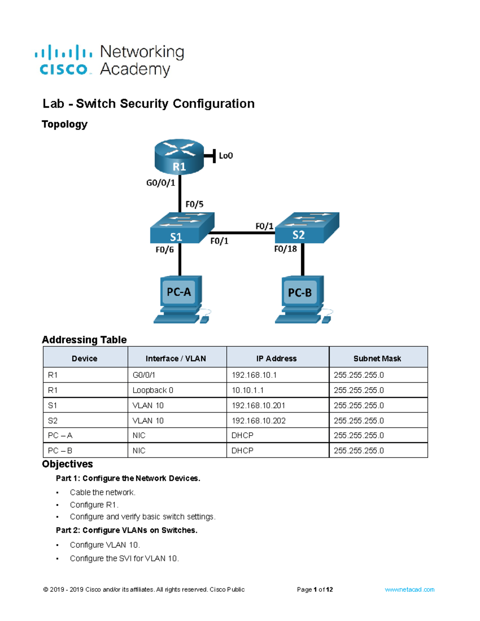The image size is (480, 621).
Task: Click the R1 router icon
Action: click(179, 157)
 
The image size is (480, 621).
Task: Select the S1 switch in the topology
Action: click(182, 228)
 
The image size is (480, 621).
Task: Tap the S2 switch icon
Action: click(307, 228)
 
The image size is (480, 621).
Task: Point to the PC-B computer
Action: click(304, 299)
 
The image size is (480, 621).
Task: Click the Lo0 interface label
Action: click(226, 156)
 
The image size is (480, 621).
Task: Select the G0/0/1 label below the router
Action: click(161, 183)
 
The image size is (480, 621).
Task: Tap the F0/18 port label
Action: click(285, 249)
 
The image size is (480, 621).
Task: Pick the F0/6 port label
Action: click(165, 250)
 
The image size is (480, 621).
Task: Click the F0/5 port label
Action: click(194, 204)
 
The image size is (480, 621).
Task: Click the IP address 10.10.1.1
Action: click(248, 390)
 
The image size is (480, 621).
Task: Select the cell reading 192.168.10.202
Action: click(258, 420)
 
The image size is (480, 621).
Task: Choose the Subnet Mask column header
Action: click(377, 358)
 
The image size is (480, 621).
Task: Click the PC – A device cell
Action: click(60, 435)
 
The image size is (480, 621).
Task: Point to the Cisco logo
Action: click(64, 60)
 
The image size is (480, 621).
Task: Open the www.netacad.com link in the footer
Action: click(409, 589)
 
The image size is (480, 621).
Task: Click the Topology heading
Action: click(65, 124)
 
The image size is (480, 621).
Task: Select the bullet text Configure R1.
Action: click(94, 505)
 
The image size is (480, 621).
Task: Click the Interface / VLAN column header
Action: click(176, 358)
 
